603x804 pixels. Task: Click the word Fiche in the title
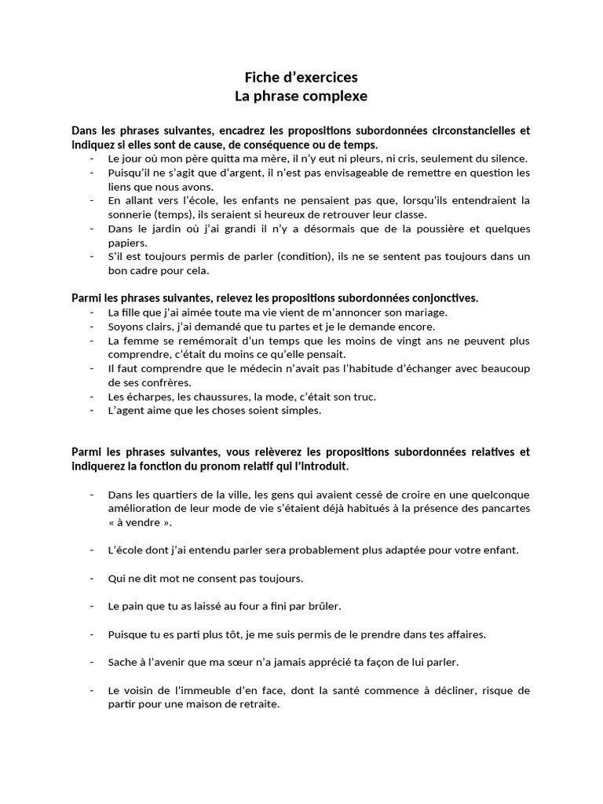tap(261, 77)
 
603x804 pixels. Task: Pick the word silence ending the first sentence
tap(508, 159)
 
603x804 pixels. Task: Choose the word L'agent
tap(126, 411)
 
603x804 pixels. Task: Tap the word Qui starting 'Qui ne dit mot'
tap(116, 579)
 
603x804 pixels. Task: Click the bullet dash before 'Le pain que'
tap(93, 607)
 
